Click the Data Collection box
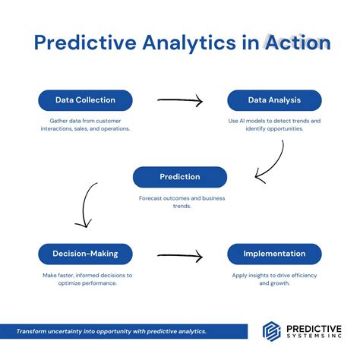point(85,100)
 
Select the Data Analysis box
point(274,100)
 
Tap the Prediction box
point(179,177)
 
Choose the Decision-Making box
point(85,254)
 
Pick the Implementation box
point(274,254)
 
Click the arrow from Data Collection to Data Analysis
point(179,100)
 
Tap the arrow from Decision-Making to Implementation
point(179,255)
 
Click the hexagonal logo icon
point(272,331)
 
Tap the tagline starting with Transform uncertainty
point(112,331)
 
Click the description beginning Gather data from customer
point(85,125)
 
